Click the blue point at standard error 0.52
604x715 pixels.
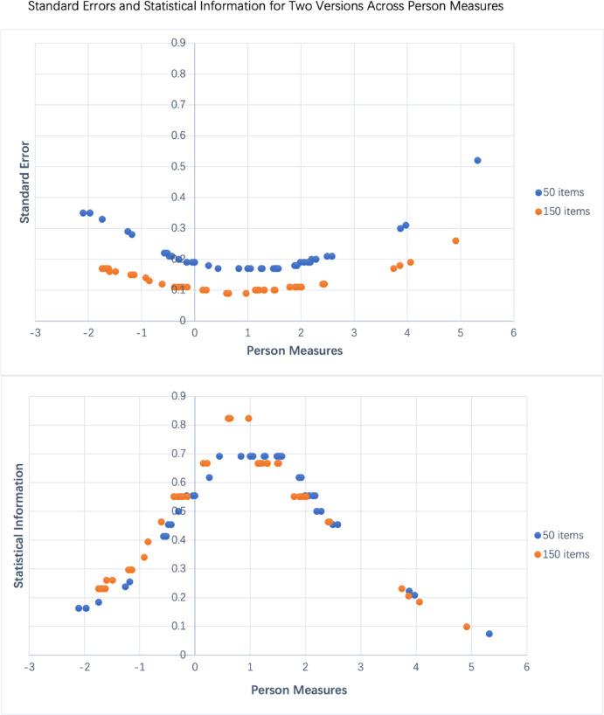[477, 160]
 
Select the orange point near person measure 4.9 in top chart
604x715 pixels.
[455, 240]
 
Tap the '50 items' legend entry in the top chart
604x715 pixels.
[564, 192]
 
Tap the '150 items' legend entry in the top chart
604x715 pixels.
[564, 212]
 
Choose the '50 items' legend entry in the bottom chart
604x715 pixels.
[564, 535]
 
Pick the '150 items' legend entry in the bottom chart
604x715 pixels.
[564, 554]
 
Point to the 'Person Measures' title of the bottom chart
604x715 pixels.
[299, 690]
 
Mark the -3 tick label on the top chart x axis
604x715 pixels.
[35, 332]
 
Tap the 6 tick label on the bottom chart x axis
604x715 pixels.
[526, 667]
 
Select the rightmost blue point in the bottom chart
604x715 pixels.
[489, 634]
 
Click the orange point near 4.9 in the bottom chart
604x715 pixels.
[467, 627]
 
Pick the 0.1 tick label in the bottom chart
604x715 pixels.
[177, 626]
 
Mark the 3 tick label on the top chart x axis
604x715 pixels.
[354, 332]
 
